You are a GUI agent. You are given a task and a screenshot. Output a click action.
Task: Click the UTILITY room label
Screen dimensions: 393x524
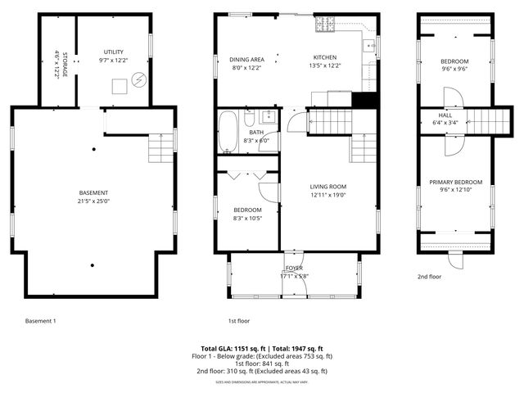click(x=114, y=52)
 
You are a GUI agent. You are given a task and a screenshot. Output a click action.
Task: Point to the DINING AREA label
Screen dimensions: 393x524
click(x=246, y=59)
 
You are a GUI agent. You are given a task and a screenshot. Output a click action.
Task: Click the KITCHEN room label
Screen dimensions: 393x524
click(x=325, y=57)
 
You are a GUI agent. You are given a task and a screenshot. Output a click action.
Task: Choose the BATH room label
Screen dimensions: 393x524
click(x=256, y=132)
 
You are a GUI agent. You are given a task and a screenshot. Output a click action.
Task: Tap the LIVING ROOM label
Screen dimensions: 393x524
click(x=327, y=187)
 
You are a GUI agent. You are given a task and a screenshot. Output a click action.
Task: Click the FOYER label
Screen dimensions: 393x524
click(x=294, y=268)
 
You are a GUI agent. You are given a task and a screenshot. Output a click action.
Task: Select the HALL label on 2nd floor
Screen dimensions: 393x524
click(x=445, y=115)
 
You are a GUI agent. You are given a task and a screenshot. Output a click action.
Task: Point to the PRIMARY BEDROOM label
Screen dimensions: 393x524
click(x=456, y=182)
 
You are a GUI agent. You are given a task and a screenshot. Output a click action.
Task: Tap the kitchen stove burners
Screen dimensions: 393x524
click(x=325, y=24)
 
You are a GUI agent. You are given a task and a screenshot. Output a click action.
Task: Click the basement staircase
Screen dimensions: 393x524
click(x=160, y=147)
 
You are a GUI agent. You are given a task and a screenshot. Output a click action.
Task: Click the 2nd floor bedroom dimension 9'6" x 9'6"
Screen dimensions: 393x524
click(x=454, y=70)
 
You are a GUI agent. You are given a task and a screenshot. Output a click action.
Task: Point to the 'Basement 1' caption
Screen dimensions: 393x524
click(x=41, y=321)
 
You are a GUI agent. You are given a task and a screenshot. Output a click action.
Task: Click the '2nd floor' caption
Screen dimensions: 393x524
click(x=430, y=277)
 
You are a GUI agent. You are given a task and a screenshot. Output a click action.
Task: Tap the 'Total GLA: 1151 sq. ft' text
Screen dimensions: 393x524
click(x=231, y=348)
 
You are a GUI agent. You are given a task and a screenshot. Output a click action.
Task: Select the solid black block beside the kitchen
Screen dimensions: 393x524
click(x=363, y=100)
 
